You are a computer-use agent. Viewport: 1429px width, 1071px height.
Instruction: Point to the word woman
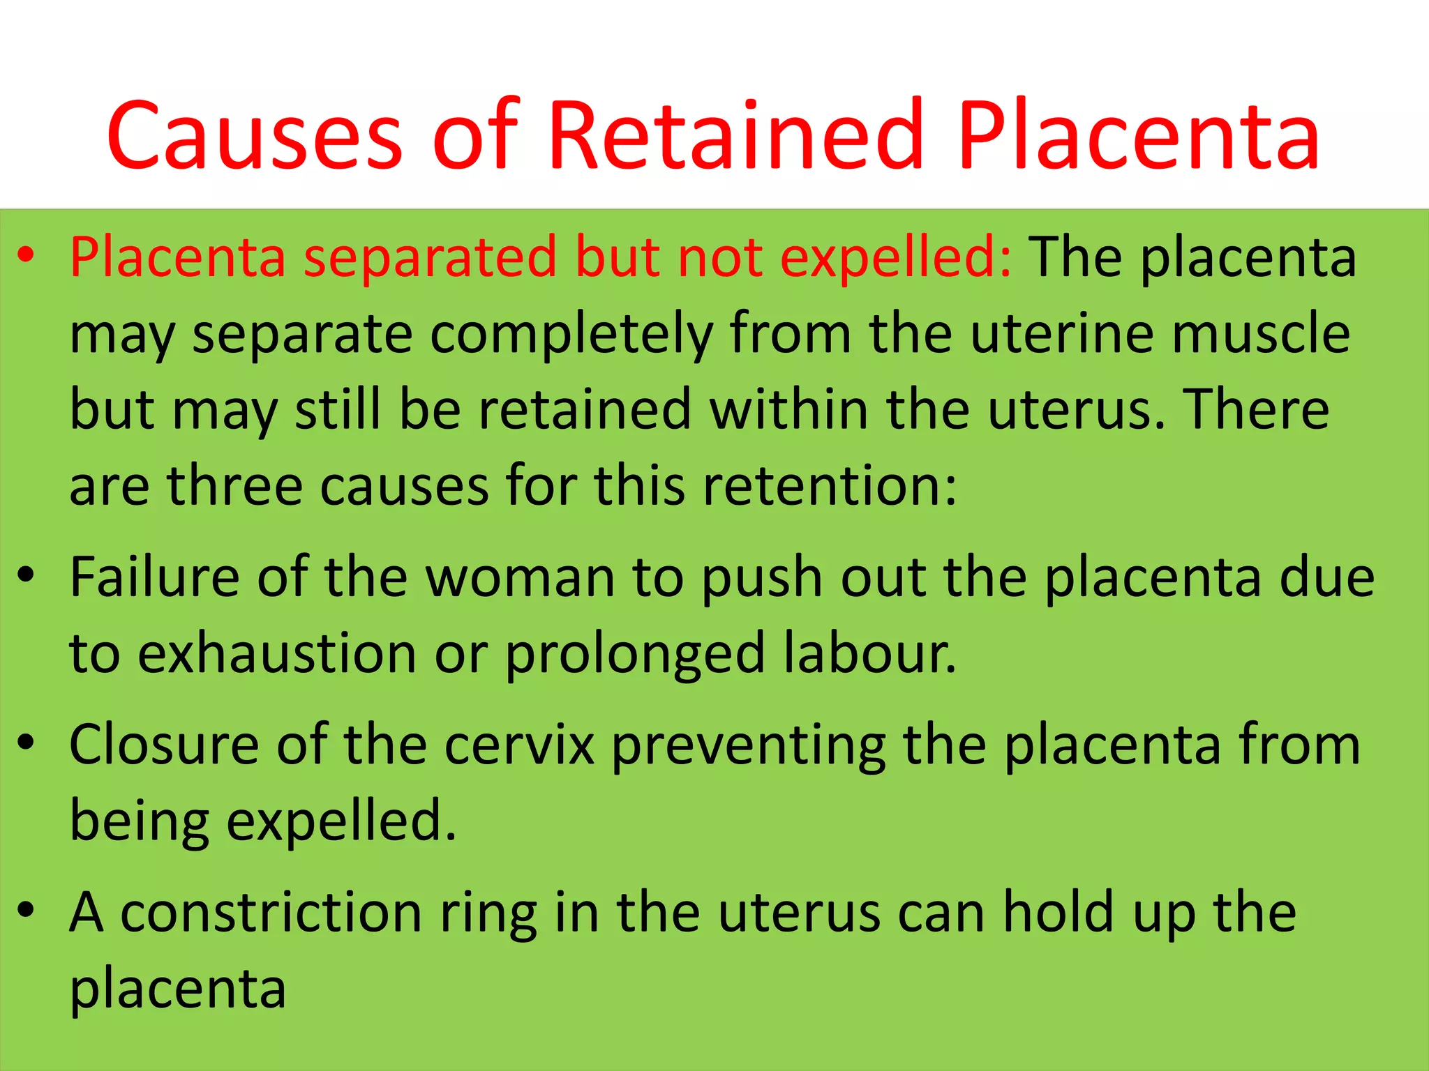click(520, 577)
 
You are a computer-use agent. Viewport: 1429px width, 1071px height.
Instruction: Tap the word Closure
click(164, 745)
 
